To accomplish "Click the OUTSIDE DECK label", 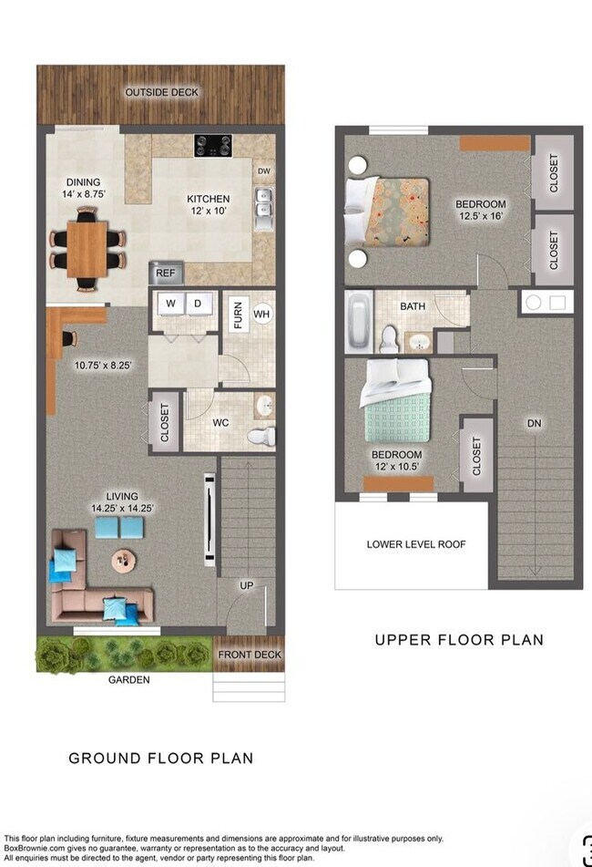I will point(161,92).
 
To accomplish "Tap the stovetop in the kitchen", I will point(212,145).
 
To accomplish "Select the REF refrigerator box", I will point(166,272).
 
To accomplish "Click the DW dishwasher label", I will point(263,170).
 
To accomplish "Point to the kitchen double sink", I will point(263,206).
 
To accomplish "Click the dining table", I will point(87,249).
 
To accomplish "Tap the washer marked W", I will point(169,303).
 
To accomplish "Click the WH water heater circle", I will point(262,315).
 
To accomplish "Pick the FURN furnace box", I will point(238,315).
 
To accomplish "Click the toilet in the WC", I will point(261,436).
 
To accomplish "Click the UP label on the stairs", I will point(246,585).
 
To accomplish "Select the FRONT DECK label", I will point(249,655).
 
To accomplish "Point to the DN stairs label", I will point(534,423).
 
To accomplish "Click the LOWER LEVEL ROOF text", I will point(415,544).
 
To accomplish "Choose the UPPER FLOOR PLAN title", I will point(459,640).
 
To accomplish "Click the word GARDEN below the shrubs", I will point(128,679).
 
